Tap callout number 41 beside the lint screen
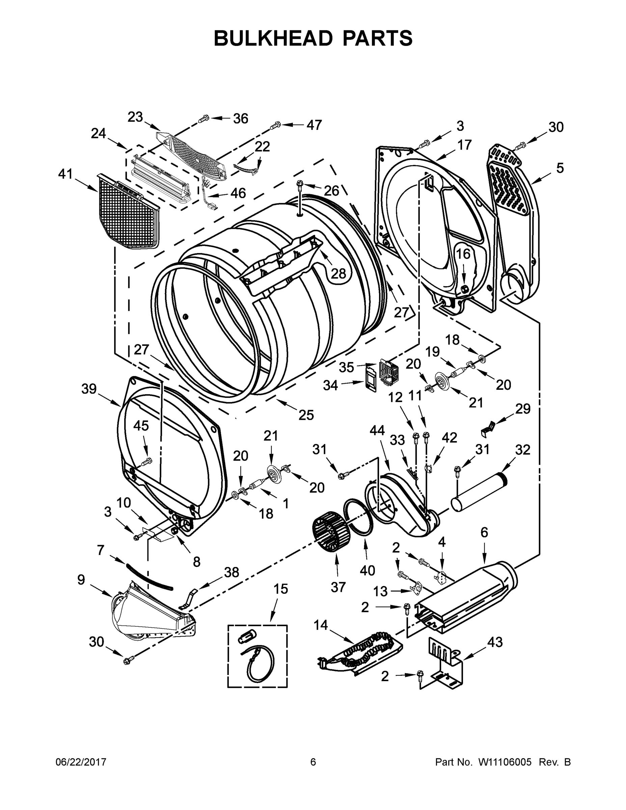(66, 173)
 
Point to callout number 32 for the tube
(522, 450)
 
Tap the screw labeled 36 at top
(203, 118)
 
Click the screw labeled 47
(275, 126)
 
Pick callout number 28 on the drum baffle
(338, 273)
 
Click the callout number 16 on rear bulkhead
(463, 254)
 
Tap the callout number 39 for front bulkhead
(89, 389)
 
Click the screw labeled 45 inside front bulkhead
(147, 461)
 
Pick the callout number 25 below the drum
(306, 415)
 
